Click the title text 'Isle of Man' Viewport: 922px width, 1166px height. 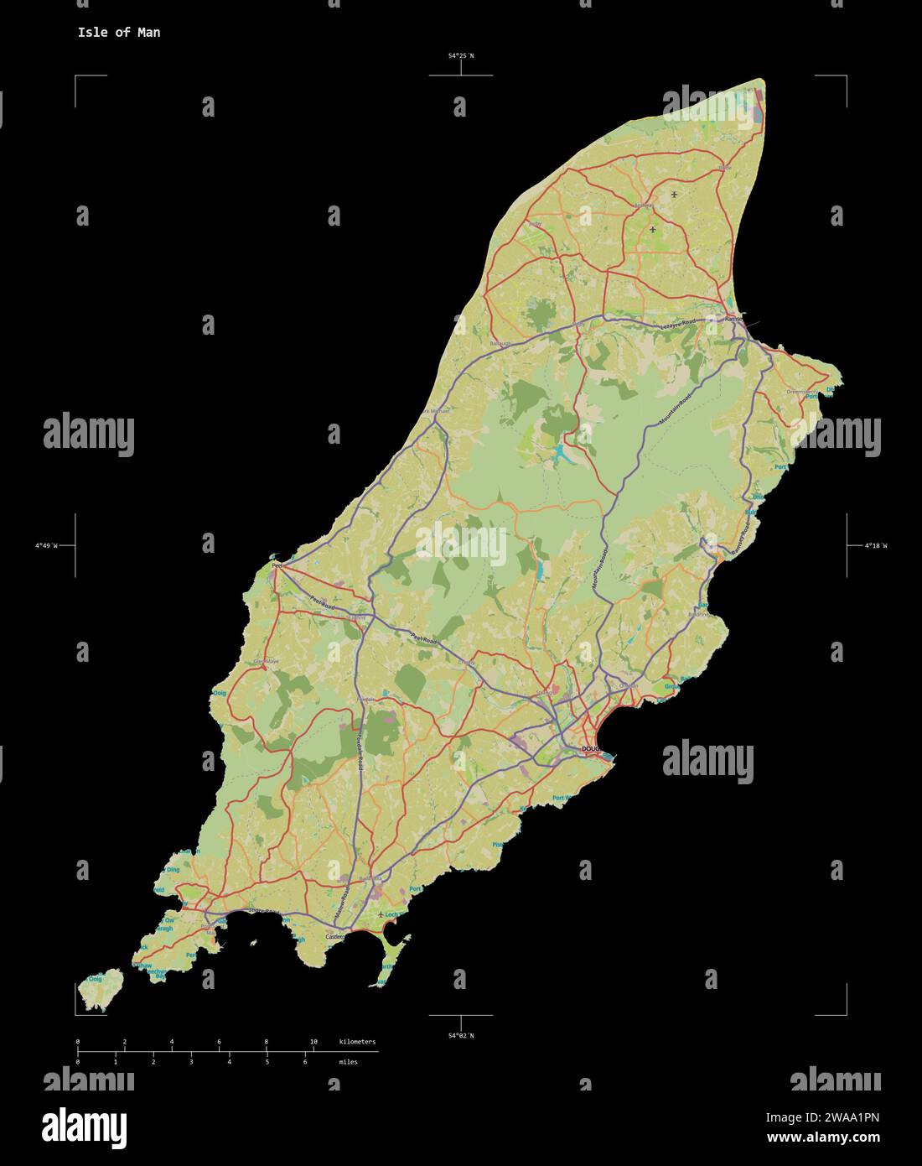119,33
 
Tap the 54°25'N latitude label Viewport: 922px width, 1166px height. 460,56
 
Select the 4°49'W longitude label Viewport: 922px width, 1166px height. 45,546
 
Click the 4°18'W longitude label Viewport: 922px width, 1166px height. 876,546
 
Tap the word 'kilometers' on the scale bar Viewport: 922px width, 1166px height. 357,1042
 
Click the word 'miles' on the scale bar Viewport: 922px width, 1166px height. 348,1062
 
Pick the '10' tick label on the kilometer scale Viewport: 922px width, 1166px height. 313,1042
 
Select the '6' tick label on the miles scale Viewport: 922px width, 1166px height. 305,1062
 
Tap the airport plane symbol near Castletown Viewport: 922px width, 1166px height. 382,914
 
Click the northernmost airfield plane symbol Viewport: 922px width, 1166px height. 674,195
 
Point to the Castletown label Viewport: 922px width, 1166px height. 335,935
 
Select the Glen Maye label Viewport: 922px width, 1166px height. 267,662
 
